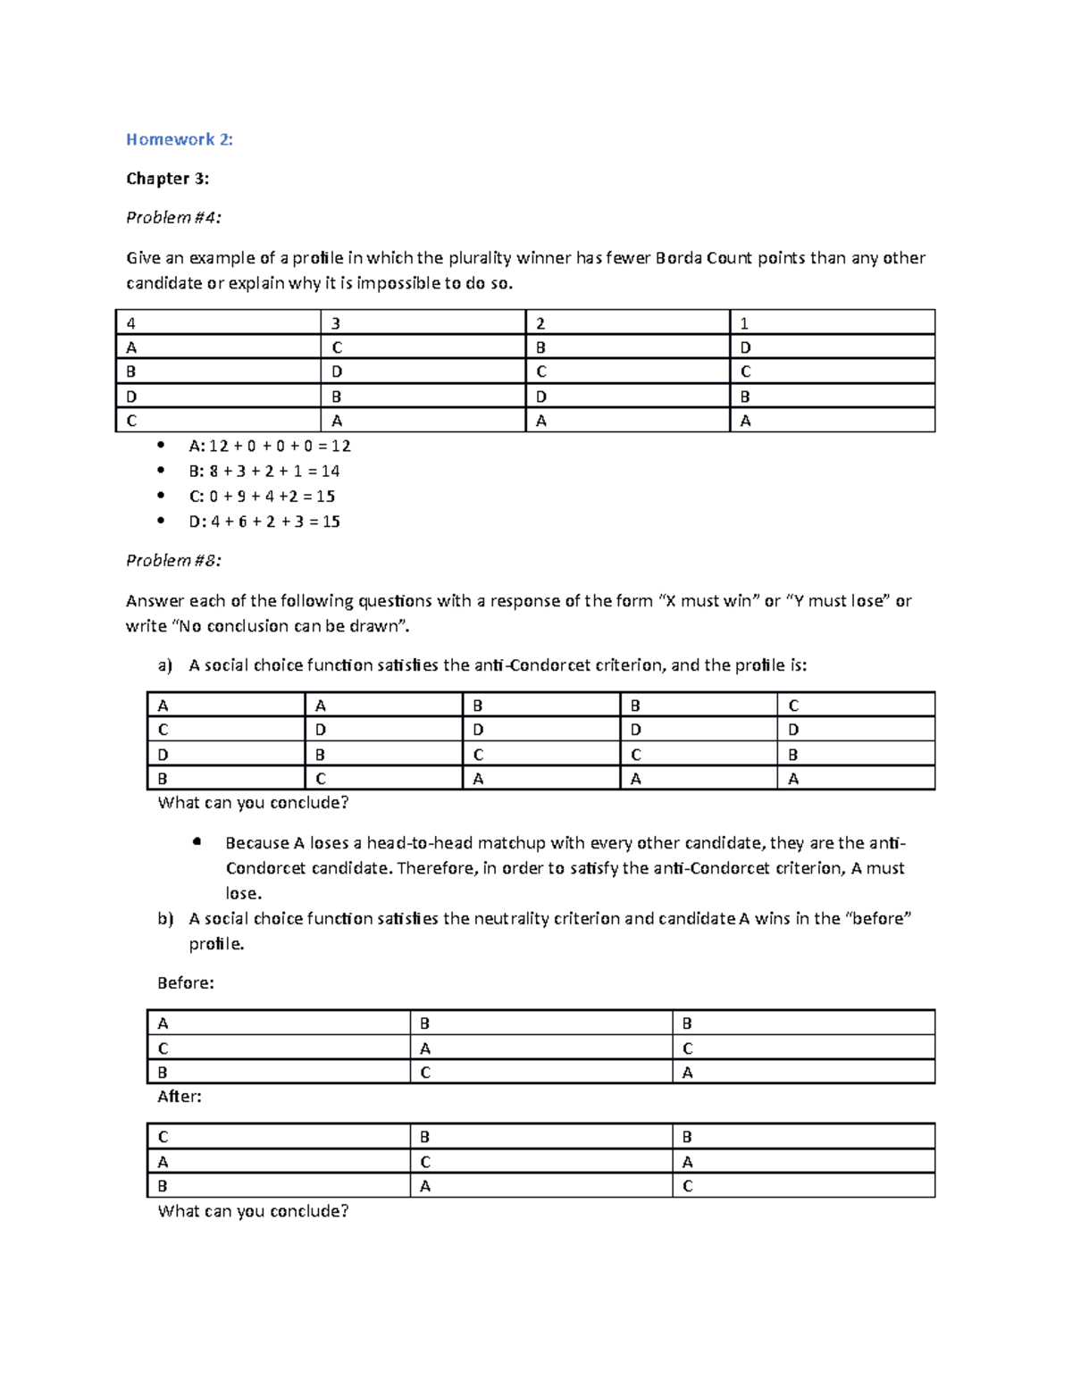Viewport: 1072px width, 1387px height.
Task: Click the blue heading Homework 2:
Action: click(179, 139)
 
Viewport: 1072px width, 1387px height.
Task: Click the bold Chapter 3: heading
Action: click(167, 179)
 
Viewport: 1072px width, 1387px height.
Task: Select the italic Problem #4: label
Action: click(173, 218)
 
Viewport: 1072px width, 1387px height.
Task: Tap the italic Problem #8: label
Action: click(173, 561)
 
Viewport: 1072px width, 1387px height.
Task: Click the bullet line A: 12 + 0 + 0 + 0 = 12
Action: click(269, 446)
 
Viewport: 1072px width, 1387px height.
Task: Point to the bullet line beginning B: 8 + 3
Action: click(264, 471)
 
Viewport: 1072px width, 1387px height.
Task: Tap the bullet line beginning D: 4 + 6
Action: click(264, 522)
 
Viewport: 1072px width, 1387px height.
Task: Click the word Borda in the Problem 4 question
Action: click(678, 258)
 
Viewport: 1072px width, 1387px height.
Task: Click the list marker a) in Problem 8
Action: click(164, 665)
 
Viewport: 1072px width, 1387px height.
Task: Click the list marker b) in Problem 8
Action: click(164, 919)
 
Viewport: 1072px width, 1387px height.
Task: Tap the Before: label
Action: click(186, 983)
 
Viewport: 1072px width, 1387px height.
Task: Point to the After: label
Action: click(180, 1097)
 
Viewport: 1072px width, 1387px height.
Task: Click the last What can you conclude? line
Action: click(253, 1211)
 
